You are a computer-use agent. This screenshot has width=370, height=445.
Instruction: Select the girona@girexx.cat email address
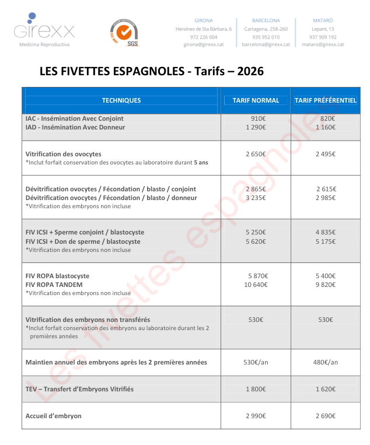tap(204, 44)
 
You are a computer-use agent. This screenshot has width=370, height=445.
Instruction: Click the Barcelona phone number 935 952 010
tap(266, 37)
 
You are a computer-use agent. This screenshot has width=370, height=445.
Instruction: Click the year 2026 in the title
tap(250, 71)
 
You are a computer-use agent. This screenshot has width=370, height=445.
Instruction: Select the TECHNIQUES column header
tap(121, 100)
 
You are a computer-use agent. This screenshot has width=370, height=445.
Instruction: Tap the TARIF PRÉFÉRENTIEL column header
tap(325, 100)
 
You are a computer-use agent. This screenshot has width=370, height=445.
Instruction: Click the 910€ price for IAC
tap(257, 118)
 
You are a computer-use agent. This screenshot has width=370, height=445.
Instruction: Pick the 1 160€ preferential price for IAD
tap(326, 127)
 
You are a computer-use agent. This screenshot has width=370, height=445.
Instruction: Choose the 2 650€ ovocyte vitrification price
tap(256, 154)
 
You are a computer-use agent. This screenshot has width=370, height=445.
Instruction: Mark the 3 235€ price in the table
tap(256, 198)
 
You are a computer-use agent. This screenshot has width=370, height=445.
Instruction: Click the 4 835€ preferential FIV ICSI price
tap(326, 232)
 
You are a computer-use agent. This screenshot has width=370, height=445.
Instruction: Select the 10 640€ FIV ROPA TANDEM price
tap(256, 285)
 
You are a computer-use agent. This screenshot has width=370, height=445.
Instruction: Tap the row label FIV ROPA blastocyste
tap(58, 276)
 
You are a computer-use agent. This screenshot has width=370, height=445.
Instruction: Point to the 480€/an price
tap(326, 362)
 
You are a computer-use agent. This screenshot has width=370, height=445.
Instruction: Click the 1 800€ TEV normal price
tap(256, 389)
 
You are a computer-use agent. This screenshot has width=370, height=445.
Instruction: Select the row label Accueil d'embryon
tap(54, 416)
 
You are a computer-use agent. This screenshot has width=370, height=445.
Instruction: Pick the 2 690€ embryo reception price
tap(326, 416)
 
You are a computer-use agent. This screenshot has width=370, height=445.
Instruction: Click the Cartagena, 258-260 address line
tap(266, 29)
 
